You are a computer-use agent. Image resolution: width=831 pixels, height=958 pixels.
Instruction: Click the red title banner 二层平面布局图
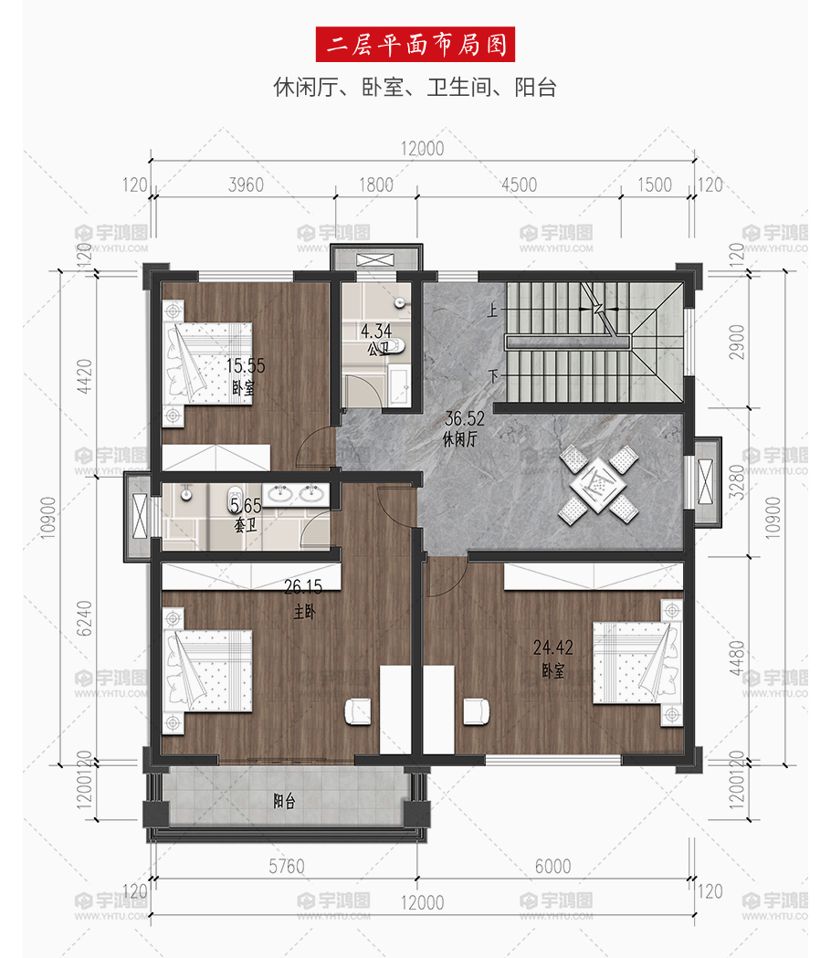coord(415,44)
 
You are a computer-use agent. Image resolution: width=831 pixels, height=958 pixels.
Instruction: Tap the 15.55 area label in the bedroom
coord(246,365)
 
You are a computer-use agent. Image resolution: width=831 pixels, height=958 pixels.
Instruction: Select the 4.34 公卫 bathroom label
coord(376,339)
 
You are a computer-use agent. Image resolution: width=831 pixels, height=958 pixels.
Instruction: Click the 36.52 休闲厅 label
coord(464,427)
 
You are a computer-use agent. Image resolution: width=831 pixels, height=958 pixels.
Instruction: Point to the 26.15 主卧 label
coord(303,599)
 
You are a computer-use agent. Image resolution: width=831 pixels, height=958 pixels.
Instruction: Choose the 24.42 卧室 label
coord(553,658)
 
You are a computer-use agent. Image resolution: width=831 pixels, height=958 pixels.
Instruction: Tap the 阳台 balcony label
coord(284,801)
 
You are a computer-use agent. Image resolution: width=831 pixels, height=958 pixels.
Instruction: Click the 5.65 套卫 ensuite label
coord(246,514)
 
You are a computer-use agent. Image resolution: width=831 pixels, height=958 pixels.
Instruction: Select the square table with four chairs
coord(598,485)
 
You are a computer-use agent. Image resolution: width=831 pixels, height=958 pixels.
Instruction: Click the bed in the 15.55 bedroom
coord(208,363)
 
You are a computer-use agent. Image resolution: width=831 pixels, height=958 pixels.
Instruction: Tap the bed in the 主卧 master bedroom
coord(208,671)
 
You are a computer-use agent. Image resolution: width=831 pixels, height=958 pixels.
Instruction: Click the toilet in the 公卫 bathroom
coord(396,346)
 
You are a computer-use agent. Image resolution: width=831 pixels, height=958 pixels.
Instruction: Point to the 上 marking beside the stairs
coord(492,311)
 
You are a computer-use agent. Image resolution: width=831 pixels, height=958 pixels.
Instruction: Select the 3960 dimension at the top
coord(246,184)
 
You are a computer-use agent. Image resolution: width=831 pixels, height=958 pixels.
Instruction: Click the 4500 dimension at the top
coord(519,184)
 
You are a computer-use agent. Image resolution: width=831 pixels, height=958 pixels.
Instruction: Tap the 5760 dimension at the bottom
coord(287,866)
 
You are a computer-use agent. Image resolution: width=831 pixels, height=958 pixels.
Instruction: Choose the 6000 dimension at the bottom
coord(553,866)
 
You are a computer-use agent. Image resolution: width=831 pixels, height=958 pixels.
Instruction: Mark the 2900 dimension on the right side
coord(737,342)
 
